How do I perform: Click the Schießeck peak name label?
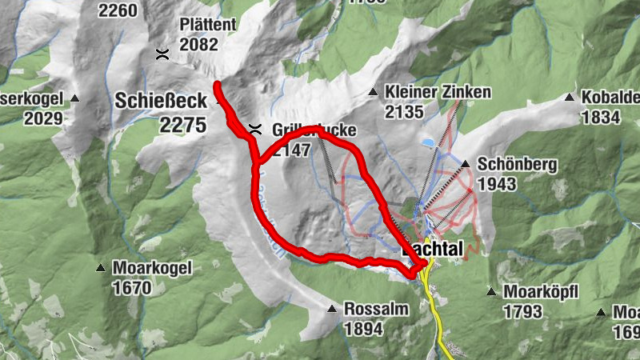click(x=161, y=102)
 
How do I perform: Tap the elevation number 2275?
click(x=182, y=126)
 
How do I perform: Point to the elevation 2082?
click(x=198, y=45)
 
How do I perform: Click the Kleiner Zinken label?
click(x=438, y=92)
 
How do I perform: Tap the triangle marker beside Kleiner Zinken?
click(x=373, y=93)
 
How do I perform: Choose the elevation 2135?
click(x=403, y=112)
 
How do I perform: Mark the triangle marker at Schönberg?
click(x=466, y=165)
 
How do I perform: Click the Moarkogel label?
click(x=153, y=268)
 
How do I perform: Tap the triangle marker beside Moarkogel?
click(x=102, y=268)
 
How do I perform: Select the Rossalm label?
click(x=376, y=309)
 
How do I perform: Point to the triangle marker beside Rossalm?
click(x=332, y=309)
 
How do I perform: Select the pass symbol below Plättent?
click(x=162, y=54)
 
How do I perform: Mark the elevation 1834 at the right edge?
click(x=601, y=118)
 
